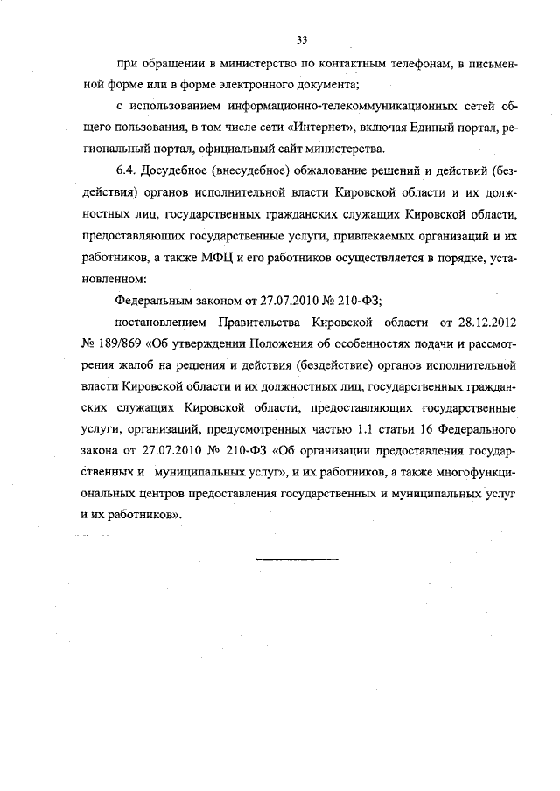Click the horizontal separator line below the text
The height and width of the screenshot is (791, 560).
[297, 557]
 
